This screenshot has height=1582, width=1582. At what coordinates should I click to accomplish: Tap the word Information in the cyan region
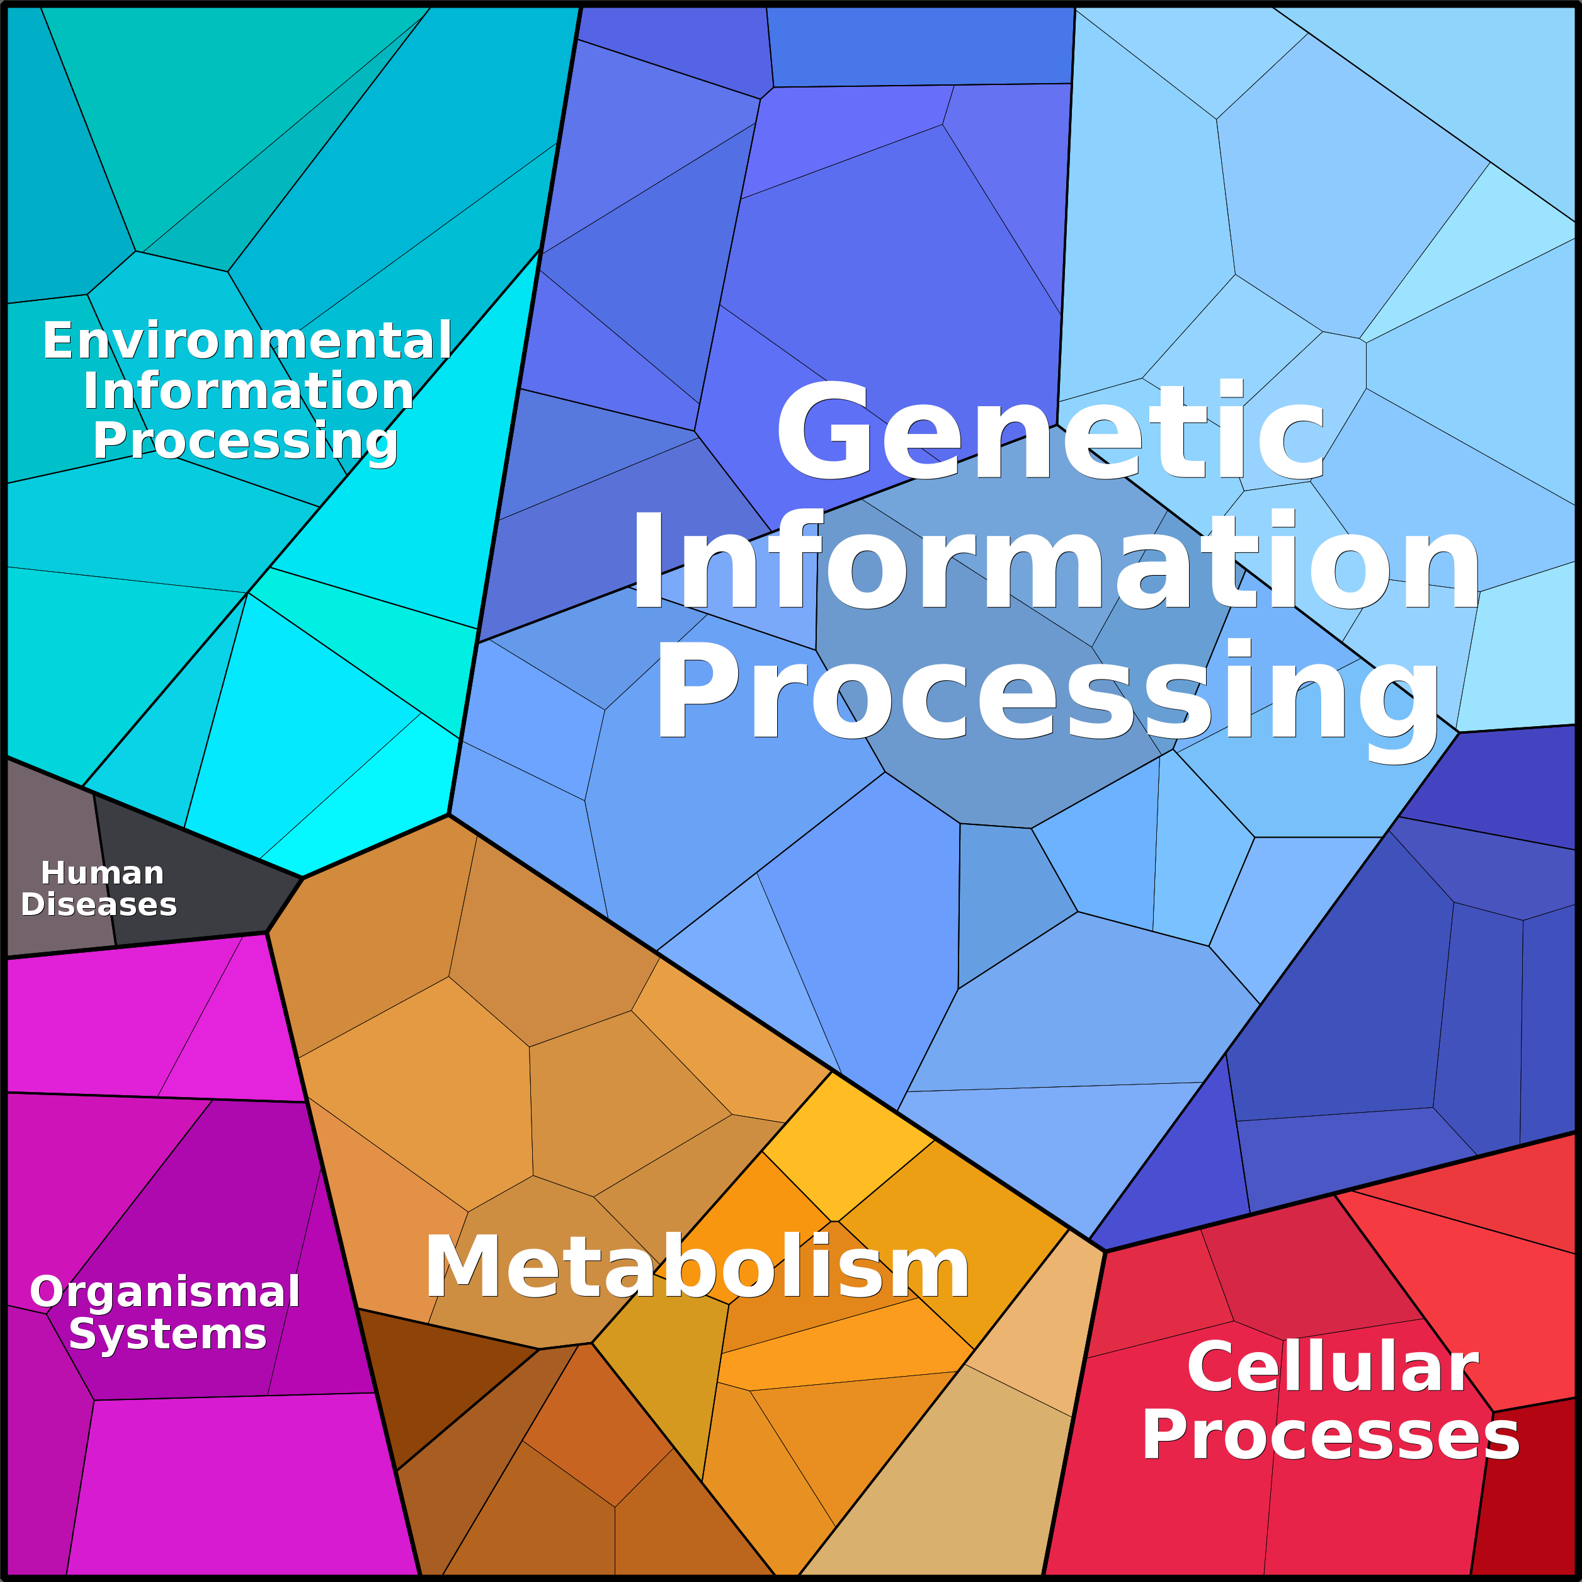tap(249, 390)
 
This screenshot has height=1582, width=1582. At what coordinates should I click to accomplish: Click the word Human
tap(103, 873)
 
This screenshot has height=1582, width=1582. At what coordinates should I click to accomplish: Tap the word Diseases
tap(99, 904)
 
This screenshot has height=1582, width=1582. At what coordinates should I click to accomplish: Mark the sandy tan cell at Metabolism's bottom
tap(933, 1490)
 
